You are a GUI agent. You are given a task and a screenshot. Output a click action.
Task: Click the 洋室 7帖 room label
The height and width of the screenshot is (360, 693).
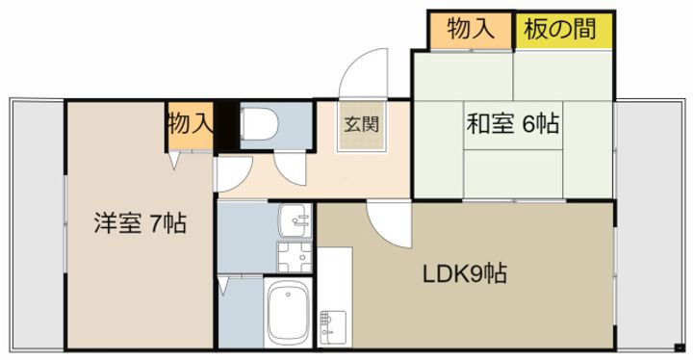coord(140,223)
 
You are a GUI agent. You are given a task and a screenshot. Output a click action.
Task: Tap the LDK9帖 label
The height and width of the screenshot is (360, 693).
coord(465,273)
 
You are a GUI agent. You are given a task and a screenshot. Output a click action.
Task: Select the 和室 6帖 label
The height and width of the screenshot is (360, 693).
coord(513,123)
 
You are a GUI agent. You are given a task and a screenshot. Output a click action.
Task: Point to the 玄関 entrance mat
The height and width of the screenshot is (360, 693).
coord(363,126)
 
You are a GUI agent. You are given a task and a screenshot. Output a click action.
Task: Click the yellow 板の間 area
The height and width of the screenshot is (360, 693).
coord(564,30)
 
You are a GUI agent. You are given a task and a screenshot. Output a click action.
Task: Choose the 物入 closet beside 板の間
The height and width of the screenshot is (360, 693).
coord(471,30)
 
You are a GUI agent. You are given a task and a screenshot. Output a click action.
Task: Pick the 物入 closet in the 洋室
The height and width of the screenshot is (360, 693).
coord(191,125)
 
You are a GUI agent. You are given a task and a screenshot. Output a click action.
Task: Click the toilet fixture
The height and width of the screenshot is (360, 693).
coord(259,124)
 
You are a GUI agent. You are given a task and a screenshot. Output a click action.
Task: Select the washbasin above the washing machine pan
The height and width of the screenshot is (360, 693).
coord(295,220)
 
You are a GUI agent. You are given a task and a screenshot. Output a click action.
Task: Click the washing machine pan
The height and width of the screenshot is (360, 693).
coord(295,257)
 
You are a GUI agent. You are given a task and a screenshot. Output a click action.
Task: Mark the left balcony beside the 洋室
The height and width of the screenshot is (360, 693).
coord(38,225)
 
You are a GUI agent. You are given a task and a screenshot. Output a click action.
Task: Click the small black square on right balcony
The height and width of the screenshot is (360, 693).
coord(680,347)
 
